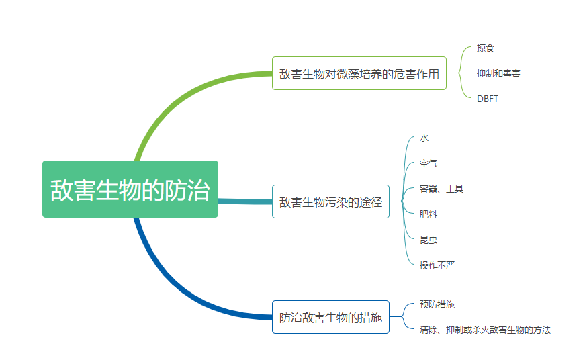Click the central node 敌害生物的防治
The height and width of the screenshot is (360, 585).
click(x=130, y=189)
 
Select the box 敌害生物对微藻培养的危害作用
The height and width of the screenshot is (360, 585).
click(x=359, y=73)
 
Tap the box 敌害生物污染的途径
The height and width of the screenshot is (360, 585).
click(x=330, y=201)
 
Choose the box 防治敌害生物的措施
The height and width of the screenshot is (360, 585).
click(x=330, y=317)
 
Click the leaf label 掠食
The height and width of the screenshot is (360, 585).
click(x=486, y=48)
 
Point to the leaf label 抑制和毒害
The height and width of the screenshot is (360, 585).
click(x=498, y=73)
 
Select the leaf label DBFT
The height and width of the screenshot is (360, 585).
click(x=488, y=99)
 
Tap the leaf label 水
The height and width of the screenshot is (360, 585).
click(x=424, y=138)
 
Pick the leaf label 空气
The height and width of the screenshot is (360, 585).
click(x=429, y=163)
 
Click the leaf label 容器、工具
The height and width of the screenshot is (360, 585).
click(x=441, y=189)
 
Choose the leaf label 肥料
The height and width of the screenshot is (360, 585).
click(x=429, y=214)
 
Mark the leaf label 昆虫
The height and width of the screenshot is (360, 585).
click(x=429, y=240)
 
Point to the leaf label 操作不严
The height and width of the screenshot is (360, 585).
click(x=437, y=265)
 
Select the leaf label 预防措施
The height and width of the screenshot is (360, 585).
click(x=437, y=304)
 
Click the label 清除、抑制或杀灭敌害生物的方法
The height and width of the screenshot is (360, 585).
click(x=485, y=330)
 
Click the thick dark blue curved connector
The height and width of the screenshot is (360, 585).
click(x=168, y=289)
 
